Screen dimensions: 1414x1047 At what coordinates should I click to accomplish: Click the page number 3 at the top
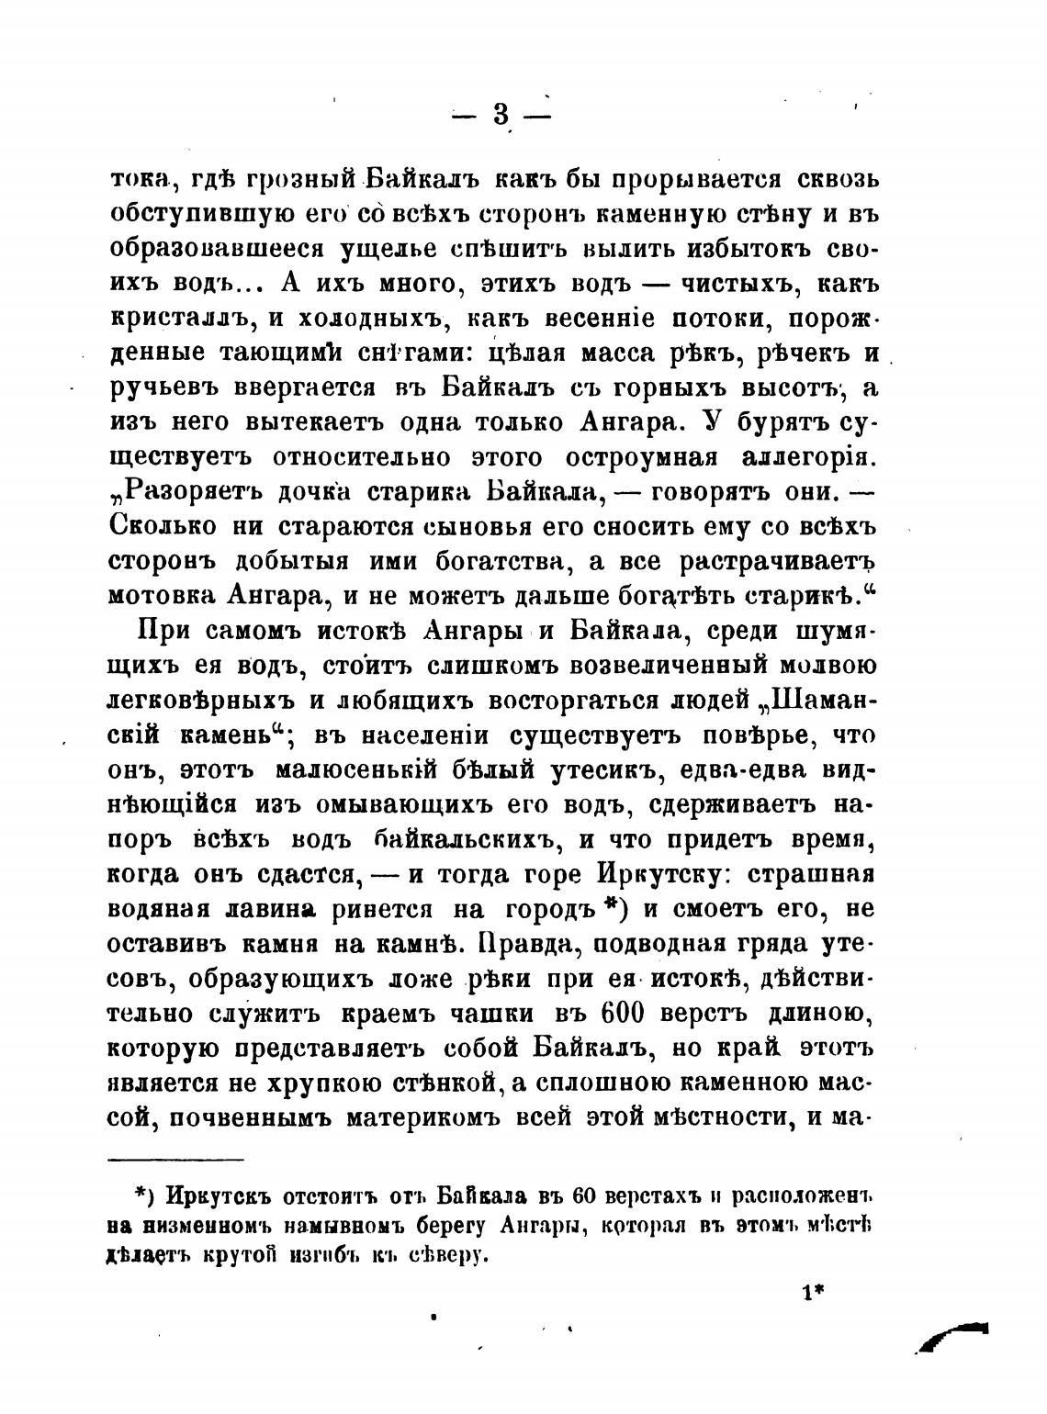(501, 116)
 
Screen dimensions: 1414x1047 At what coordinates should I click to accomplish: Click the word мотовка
(160, 595)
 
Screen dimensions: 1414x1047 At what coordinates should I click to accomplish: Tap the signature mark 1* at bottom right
(814, 1295)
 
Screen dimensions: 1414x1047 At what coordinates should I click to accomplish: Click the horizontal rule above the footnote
(175, 1160)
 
